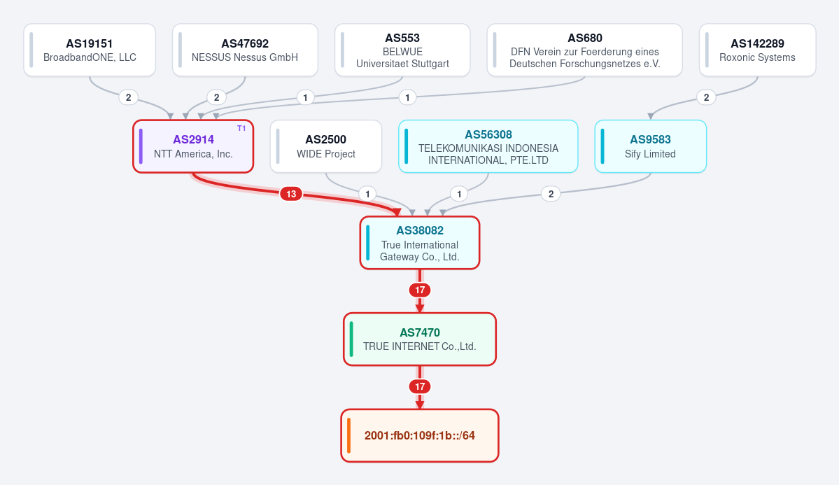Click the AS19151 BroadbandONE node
pyautogui.click(x=90, y=50)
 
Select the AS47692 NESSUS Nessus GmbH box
pyautogui.click(x=245, y=50)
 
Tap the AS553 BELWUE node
pyautogui.click(x=402, y=50)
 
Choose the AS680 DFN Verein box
pyautogui.click(x=585, y=50)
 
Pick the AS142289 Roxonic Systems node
pyautogui.click(x=758, y=50)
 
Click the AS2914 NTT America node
pyautogui.click(x=193, y=146)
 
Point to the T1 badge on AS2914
pyautogui.click(x=241, y=129)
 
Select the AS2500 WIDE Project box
pyautogui.click(x=326, y=146)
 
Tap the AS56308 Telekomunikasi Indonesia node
pyautogui.click(x=488, y=146)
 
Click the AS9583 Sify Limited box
pyautogui.click(x=651, y=146)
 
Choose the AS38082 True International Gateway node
pyautogui.click(x=420, y=242)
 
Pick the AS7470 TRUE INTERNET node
pyautogui.click(x=420, y=339)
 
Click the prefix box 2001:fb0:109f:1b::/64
pyautogui.click(x=420, y=436)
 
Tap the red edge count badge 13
pyautogui.click(x=291, y=194)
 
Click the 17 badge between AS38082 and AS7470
pyautogui.click(x=420, y=290)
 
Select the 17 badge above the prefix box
pyautogui.click(x=420, y=386)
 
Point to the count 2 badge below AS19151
pyautogui.click(x=129, y=97)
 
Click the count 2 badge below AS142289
pyautogui.click(x=706, y=97)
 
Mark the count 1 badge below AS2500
pyautogui.click(x=367, y=194)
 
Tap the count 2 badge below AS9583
pyautogui.click(x=551, y=194)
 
